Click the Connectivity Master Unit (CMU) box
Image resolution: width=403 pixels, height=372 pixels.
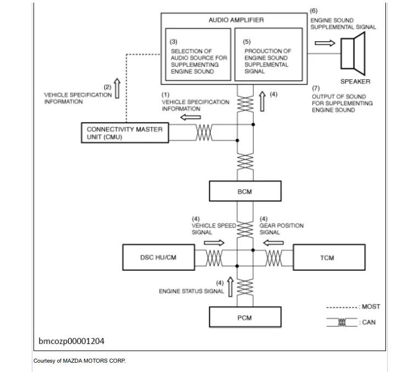click(124, 133)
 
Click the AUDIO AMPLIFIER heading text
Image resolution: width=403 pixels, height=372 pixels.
click(237, 20)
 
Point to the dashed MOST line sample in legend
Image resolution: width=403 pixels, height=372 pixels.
click(342, 307)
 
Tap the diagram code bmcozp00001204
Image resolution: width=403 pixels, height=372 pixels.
click(71, 341)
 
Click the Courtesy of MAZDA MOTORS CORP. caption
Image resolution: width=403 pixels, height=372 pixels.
click(80, 360)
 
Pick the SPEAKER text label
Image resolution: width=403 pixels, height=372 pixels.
click(355, 81)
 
